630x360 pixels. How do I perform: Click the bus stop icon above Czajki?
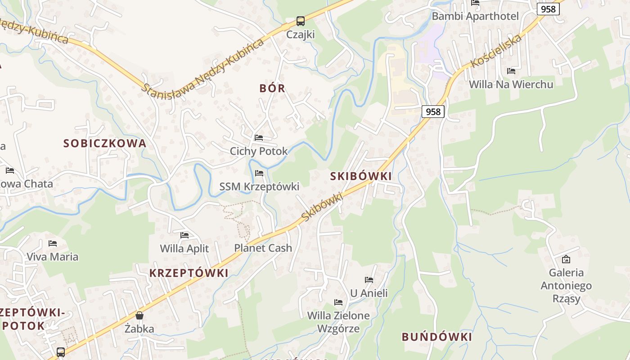click(x=300, y=21)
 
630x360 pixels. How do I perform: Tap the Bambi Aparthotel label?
click(x=475, y=16)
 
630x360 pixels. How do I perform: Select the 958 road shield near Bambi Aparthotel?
click(x=548, y=9)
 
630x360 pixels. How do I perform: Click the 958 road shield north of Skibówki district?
click(x=433, y=112)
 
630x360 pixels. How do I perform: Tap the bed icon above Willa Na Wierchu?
click(x=511, y=71)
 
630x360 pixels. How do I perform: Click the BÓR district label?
click(x=272, y=88)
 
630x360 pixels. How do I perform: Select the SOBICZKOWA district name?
click(x=105, y=144)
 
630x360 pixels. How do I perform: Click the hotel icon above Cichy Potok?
click(x=259, y=138)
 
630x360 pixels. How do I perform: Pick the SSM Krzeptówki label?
click(x=259, y=186)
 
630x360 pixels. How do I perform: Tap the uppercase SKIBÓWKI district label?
click(x=361, y=176)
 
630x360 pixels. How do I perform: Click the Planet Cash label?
click(x=263, y=248)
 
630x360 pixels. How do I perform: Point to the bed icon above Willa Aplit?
click(x=184, y=235)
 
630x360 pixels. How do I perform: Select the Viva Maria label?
click(x=52, y=257)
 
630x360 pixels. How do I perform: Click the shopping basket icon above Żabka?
click(x=139, y=315)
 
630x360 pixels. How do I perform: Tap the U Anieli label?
click(x=369, y=293)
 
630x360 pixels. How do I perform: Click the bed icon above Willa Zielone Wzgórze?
click(x=338, y=302)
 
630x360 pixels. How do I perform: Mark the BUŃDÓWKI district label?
click(x=436, y=337)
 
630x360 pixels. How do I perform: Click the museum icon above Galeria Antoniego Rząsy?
click(x=566, y=259)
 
